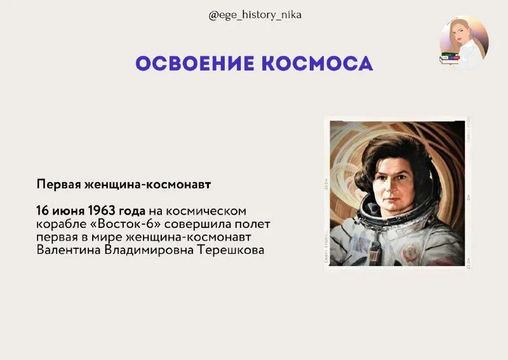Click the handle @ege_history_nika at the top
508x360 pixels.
tap(255, 15)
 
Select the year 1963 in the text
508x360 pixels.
tap(104, 210)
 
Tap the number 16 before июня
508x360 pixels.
tap(43, 210)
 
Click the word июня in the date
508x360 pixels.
tap(68, 210)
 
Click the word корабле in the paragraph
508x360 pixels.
tap(56, 224)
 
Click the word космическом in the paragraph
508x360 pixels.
tap(213, 210)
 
